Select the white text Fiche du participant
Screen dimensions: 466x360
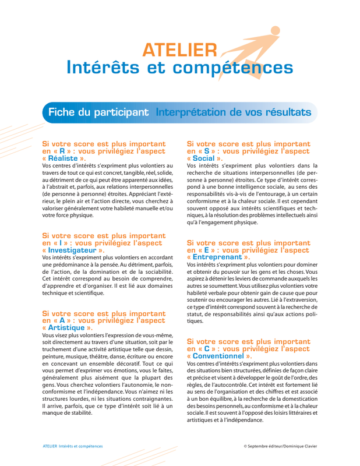[x=97, y=112]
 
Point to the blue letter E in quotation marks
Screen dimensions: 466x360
[x=206, y=249]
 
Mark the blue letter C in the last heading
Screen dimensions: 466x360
[x=206, y=348]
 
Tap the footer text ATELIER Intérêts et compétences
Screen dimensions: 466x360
[x=73, y=446]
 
